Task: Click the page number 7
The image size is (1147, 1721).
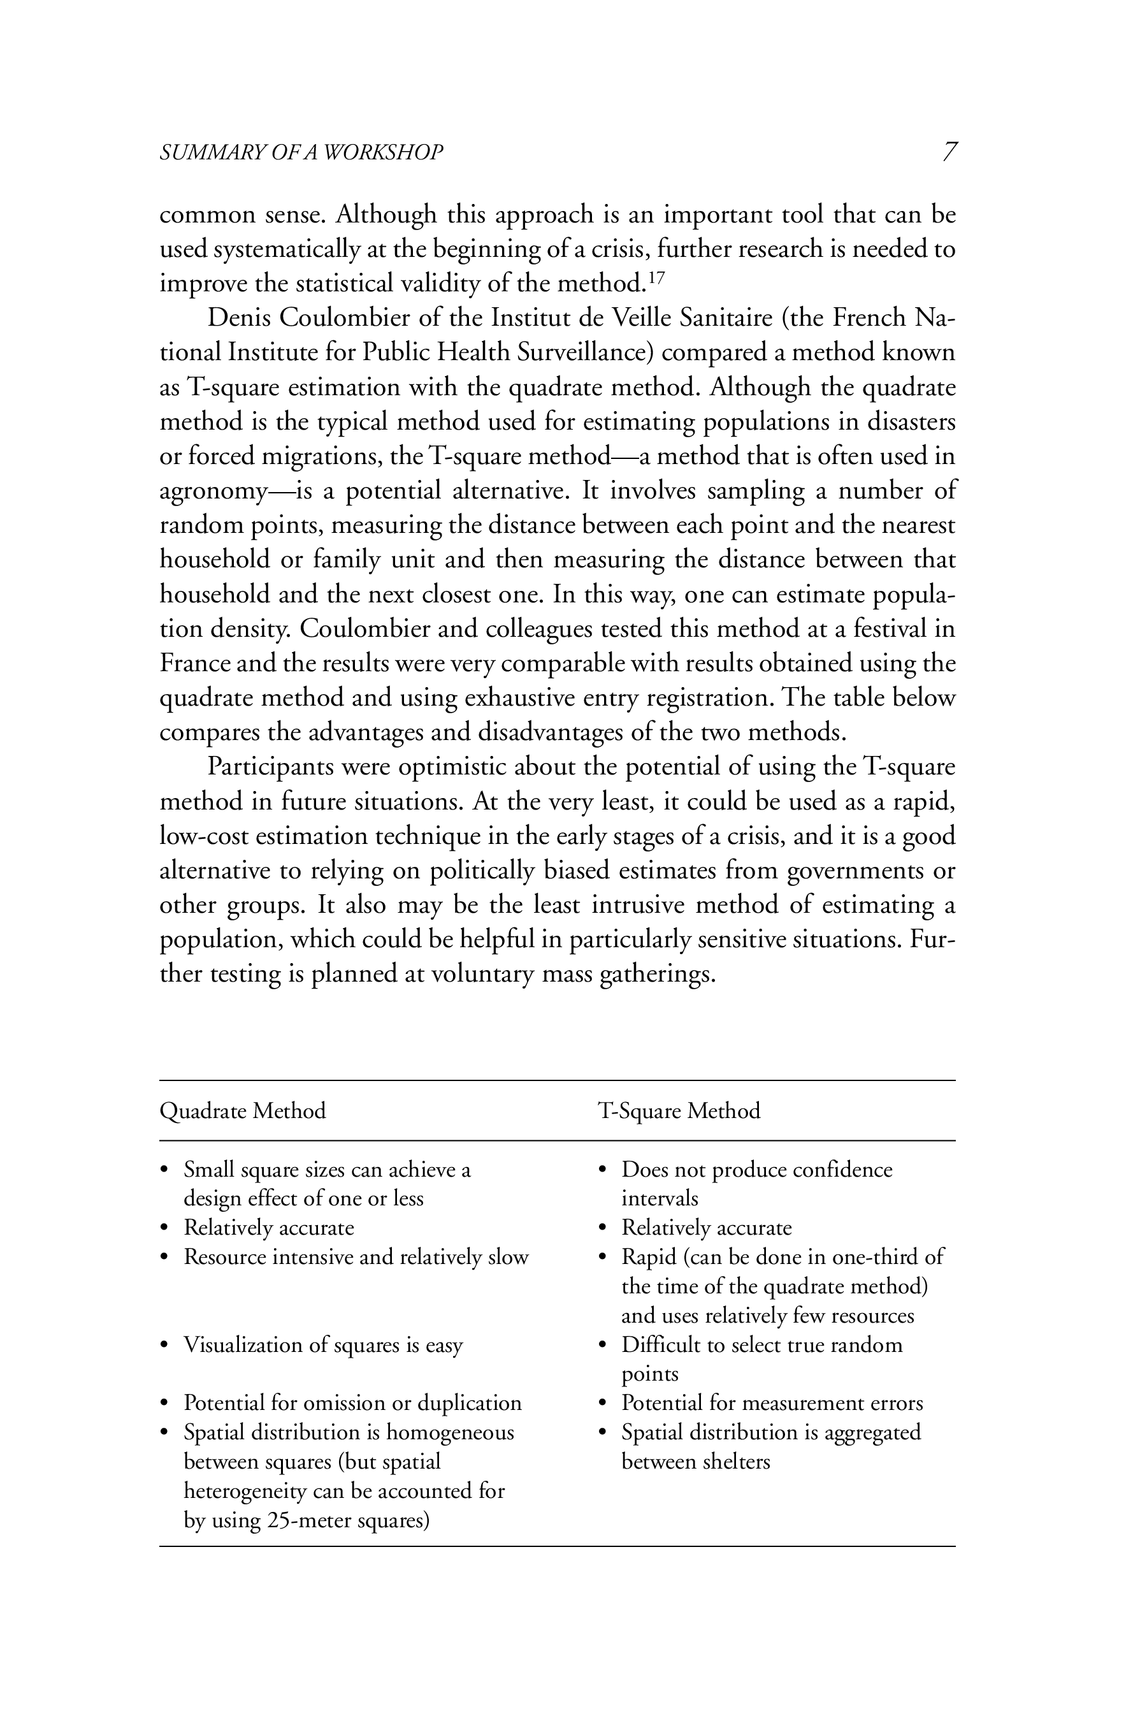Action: tap(949, 152)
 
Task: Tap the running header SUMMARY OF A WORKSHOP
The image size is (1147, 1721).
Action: tap(301, 152)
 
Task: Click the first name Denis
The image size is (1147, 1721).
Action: tap(239, 318)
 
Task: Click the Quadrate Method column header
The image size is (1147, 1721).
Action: tap(243, 1111)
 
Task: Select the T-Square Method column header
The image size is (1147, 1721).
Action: tap(679, 1111)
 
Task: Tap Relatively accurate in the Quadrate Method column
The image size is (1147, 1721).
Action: tap(268, 1227)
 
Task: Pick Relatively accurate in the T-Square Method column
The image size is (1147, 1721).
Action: tap(707, 1227)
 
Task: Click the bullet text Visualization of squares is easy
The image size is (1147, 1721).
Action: tap(322, 1344)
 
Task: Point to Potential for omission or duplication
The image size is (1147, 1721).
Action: tap(352, 1403)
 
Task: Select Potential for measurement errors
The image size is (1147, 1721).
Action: tap(772, 1403)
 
